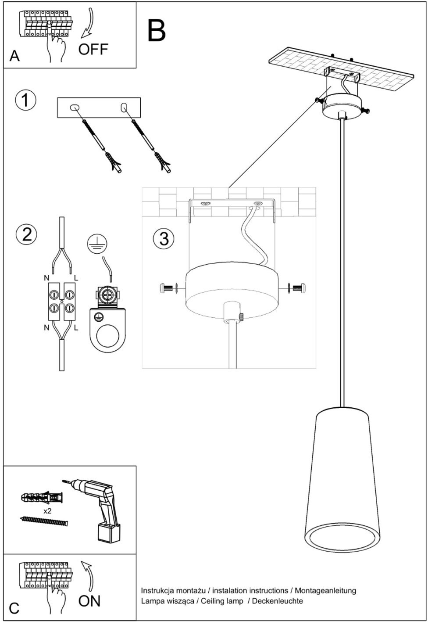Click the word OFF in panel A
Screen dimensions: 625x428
tap(93, 49)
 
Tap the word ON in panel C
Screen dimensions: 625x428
tap(89, 600)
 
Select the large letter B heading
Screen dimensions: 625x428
tap(157, 30)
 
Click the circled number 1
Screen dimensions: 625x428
tap(25, 100)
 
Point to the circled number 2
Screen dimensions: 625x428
tap(26, 234)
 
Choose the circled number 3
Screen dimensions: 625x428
tap(164, 239)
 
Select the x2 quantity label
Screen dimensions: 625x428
tap(48, 511)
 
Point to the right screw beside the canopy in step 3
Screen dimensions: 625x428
tap(297, 288)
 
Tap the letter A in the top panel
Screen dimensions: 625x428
tap(14, 56)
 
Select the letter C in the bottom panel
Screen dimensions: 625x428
tap(14, 608)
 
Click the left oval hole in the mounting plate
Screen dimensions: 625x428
tap(74, 107)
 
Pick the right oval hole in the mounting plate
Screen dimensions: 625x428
tap(124, 107)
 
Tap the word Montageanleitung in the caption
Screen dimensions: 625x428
tap(325, 591)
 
